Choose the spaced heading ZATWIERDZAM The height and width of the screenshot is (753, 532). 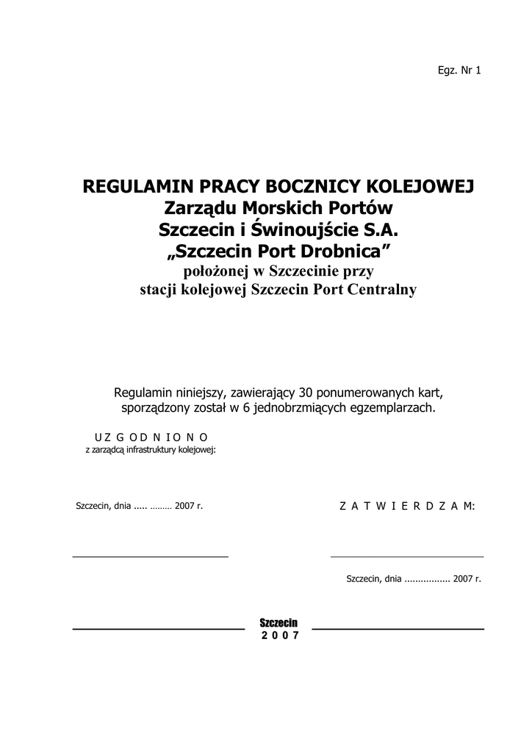(407, 506)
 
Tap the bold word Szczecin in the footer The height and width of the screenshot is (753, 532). (278, 624)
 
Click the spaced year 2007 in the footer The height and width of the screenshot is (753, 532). (280, 636)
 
